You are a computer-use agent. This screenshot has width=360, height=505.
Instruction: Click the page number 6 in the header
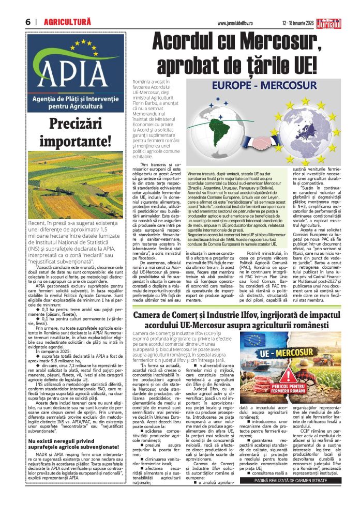(x=28, y=22)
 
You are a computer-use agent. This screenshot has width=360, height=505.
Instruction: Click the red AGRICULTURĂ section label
(x=67, y=22)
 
